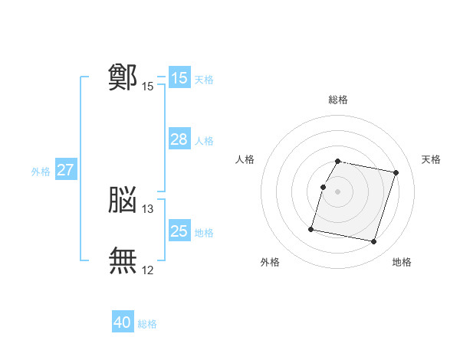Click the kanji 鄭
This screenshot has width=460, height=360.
pos(123,77)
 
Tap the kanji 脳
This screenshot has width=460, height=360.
pos(123,200)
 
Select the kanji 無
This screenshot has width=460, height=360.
pos(123,260)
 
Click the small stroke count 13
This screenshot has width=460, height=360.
pos(148,209)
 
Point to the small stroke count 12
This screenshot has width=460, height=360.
pos(148,270)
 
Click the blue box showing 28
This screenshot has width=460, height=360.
pos(179,139)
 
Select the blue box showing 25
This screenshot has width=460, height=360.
pos(179,231)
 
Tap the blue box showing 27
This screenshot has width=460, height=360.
pos(65,170)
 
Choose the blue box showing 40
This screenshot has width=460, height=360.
pos(123,323)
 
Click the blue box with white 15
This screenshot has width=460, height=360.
pos(179,78)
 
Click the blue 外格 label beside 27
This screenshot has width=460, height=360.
pos(41,172)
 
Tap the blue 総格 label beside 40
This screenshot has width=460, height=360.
pos(147,324)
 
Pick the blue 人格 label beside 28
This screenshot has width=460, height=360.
pos(204,141)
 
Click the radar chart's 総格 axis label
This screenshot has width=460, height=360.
pos(337,100)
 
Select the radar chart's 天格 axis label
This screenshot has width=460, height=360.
pos(431,159)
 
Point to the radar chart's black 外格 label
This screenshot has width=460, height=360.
pos(270,262)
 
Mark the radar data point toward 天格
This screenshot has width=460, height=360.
pos(396,173)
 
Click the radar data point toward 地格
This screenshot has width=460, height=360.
pos(373,242)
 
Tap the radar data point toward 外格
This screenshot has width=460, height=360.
pos(311,229)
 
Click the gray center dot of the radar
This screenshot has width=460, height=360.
pos(337,191)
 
